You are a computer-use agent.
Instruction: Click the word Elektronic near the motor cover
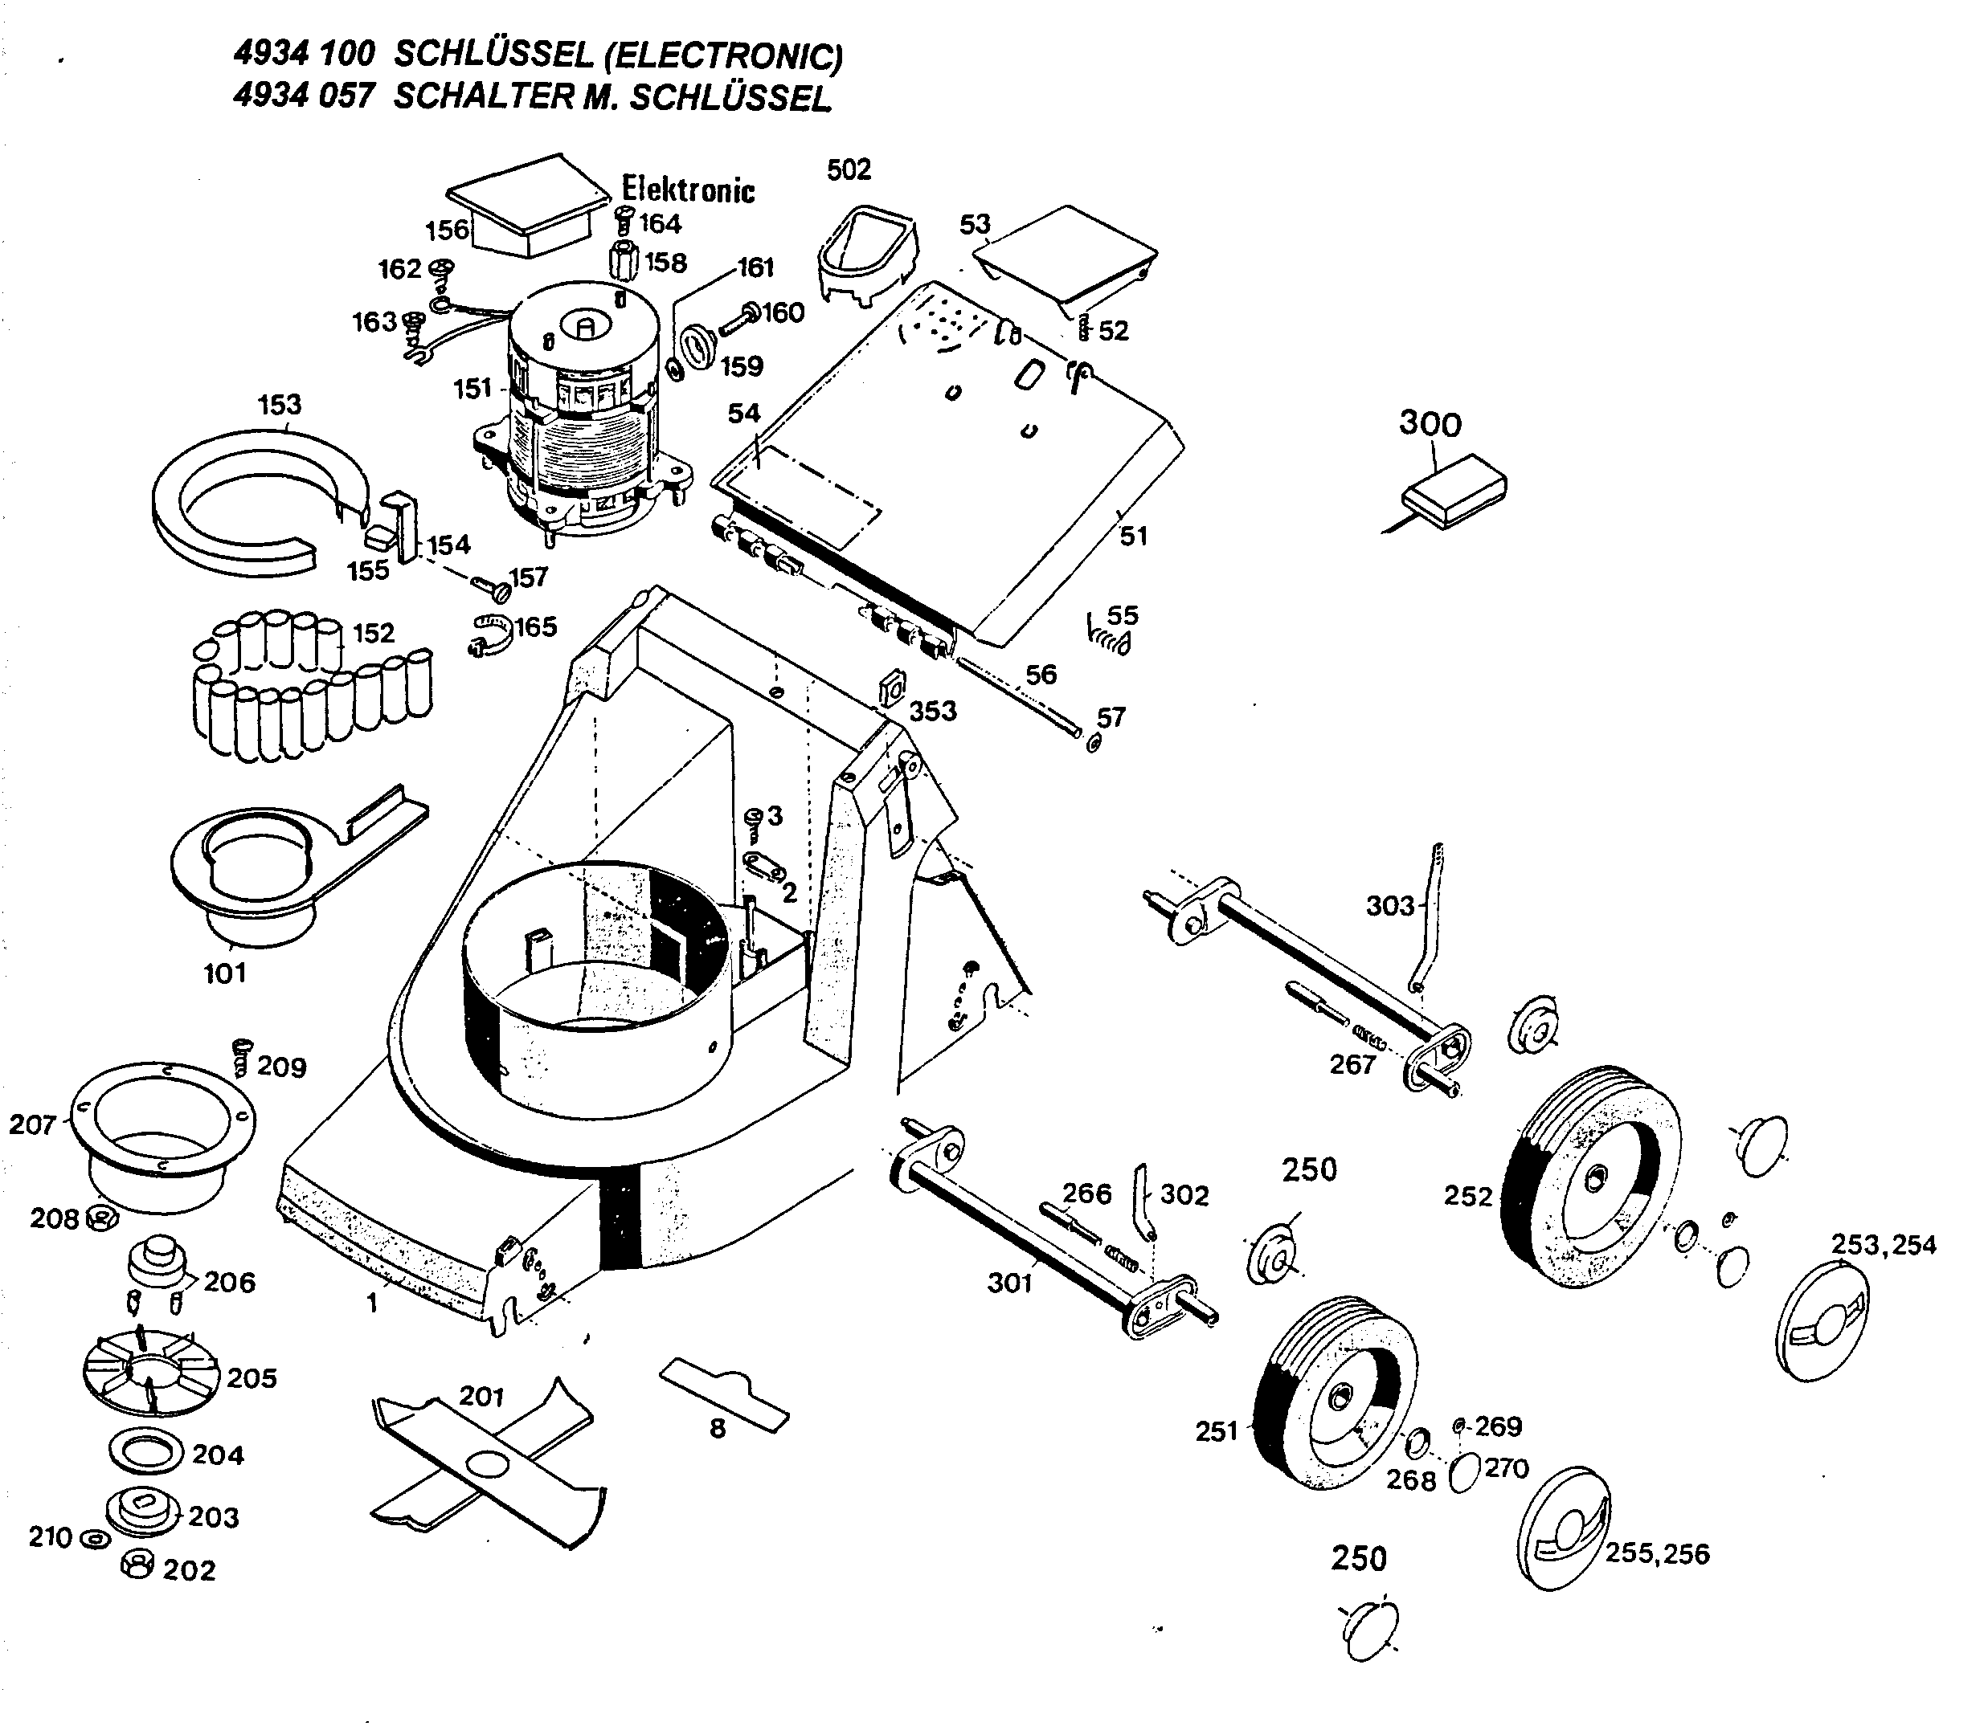688,189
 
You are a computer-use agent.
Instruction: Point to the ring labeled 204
146,1451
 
